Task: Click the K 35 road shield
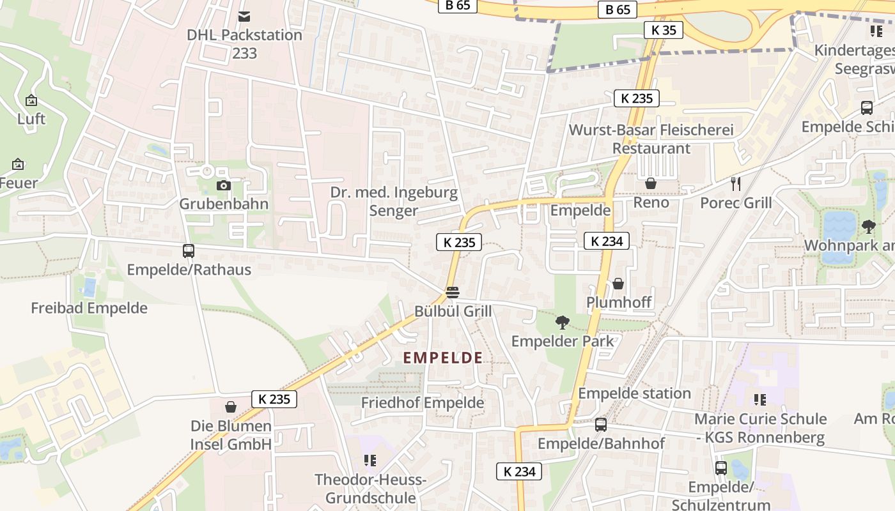664,30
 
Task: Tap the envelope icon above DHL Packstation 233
244,16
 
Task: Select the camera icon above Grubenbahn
223,185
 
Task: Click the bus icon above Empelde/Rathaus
189,251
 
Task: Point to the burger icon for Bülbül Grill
453,293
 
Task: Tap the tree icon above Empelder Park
563,322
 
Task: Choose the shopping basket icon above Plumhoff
618,284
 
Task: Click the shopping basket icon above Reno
651,184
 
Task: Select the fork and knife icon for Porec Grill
736,184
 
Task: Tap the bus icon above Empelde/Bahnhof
601,424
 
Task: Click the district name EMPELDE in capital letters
443,358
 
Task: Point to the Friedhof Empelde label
423,403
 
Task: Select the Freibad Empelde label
89,308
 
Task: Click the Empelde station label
634,393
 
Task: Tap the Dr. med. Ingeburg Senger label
394,201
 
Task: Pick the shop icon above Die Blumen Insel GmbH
231,407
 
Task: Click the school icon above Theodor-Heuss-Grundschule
370,460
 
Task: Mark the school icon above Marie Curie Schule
760,400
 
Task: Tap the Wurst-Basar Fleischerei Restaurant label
651,139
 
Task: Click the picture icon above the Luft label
31,100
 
